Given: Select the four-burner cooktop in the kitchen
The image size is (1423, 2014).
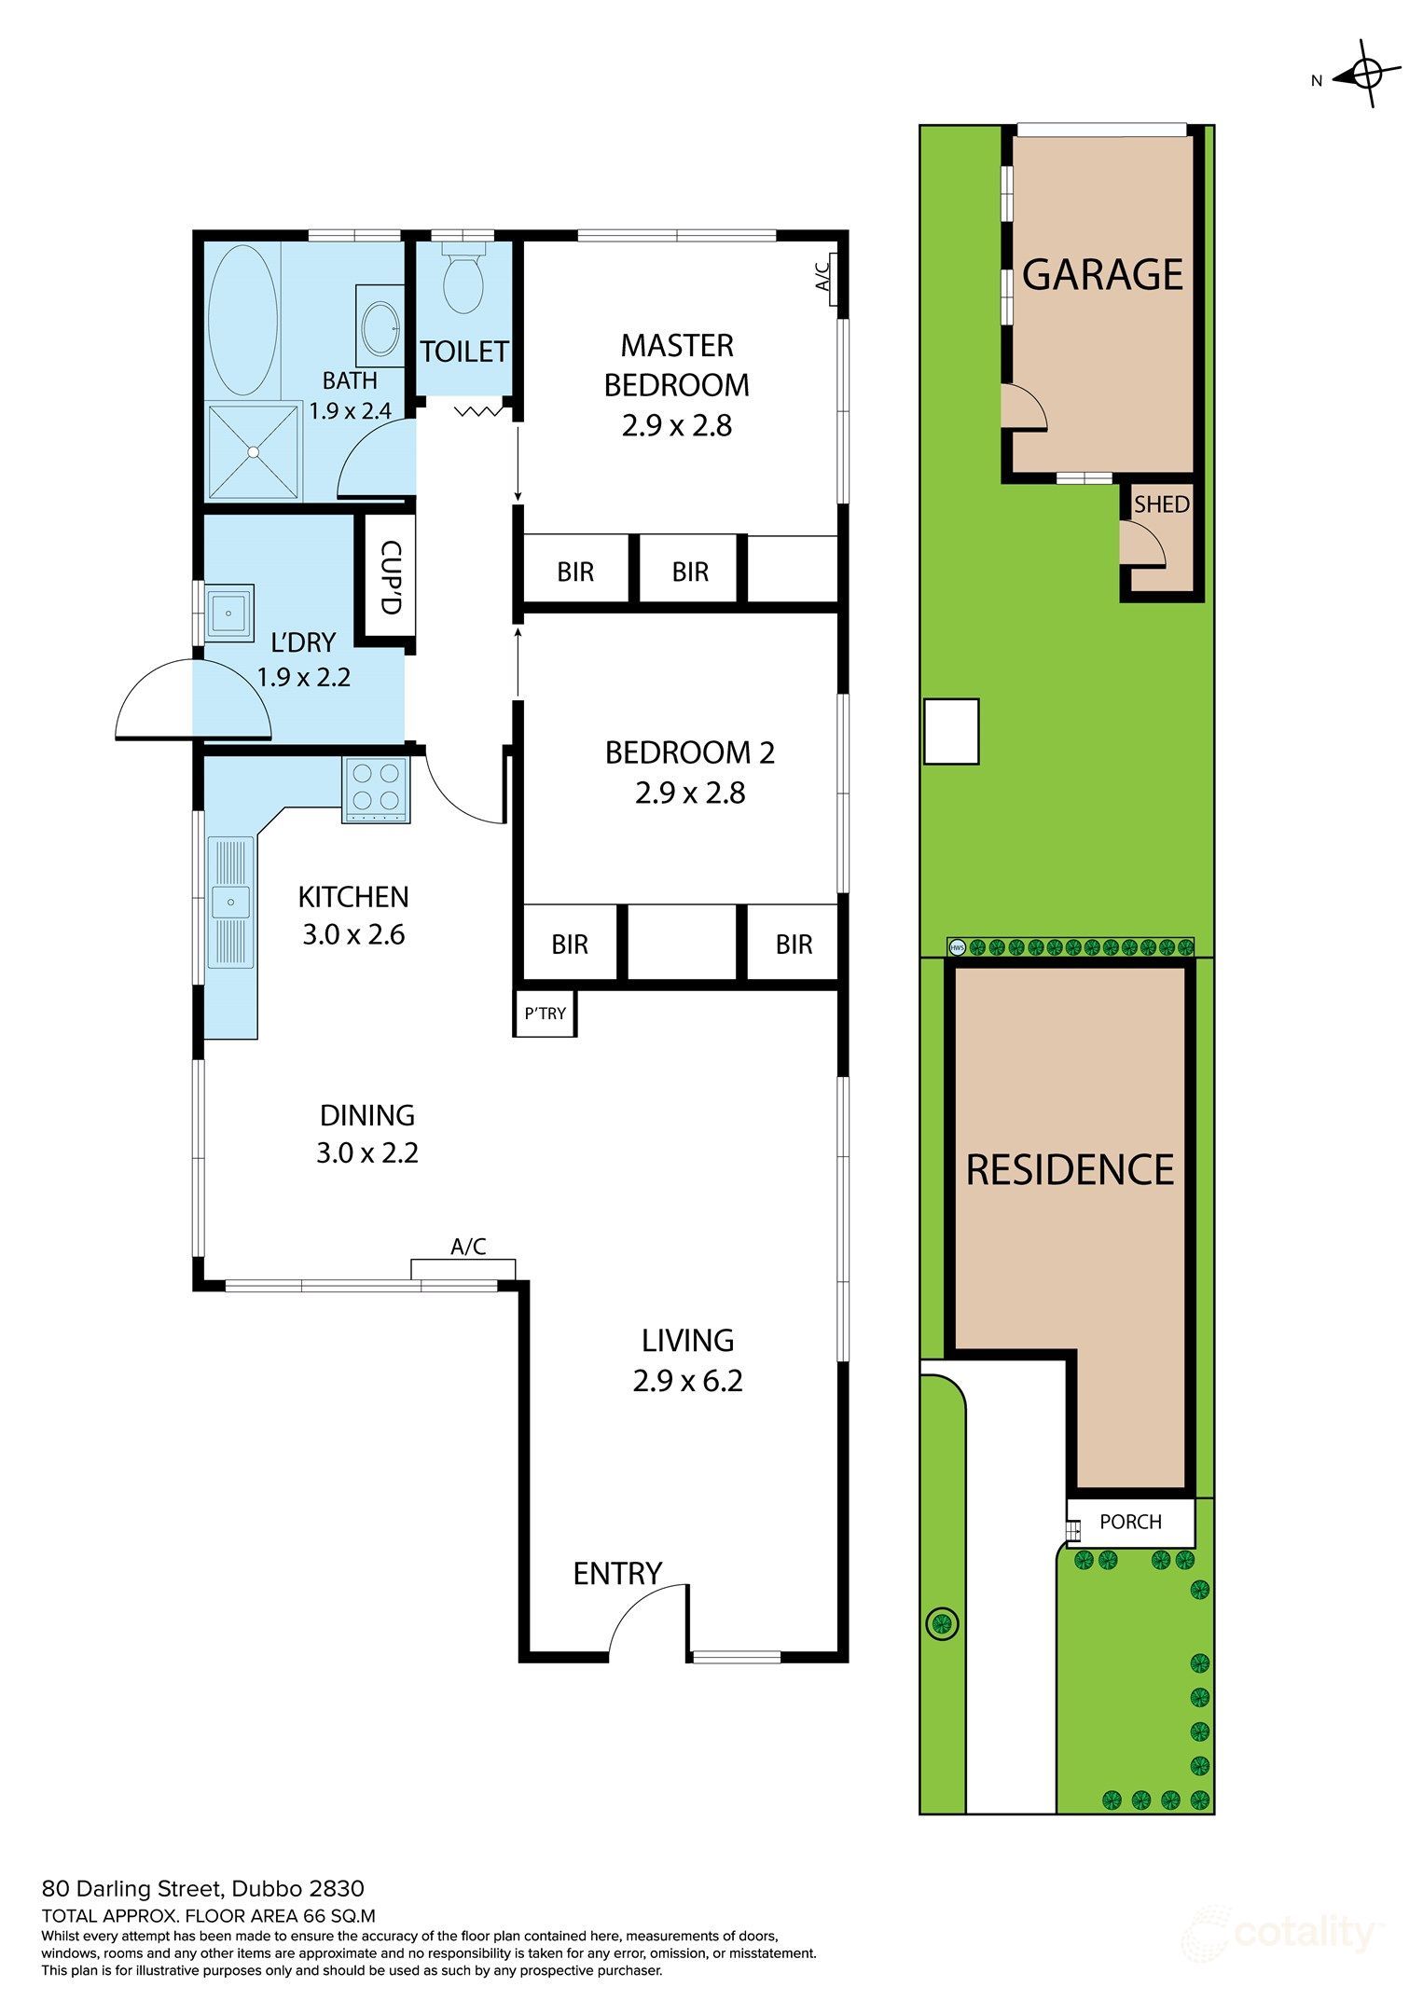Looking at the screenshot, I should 377,789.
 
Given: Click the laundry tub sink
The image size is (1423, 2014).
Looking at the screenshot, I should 229,613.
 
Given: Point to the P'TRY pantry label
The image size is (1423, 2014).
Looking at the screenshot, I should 545,1014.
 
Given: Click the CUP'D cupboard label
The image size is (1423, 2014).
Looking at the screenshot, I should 390,578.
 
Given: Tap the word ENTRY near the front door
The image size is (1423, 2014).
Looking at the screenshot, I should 616,1574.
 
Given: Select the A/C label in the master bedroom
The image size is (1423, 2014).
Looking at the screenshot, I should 822,276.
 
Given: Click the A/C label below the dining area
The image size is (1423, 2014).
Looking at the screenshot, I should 468,1247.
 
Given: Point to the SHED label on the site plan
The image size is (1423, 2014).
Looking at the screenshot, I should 1161,504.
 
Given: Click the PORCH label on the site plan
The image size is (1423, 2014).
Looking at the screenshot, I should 1130,1522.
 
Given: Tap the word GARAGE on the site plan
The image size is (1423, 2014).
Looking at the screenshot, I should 1102,274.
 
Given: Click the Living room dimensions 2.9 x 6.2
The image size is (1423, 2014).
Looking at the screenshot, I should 687,1381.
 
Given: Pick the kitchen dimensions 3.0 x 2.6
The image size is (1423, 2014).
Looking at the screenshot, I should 353,934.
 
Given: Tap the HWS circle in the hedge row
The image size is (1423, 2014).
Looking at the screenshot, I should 957,948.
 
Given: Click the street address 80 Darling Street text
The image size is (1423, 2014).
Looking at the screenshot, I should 202,1889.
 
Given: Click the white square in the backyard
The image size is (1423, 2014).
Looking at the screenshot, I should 951,732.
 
